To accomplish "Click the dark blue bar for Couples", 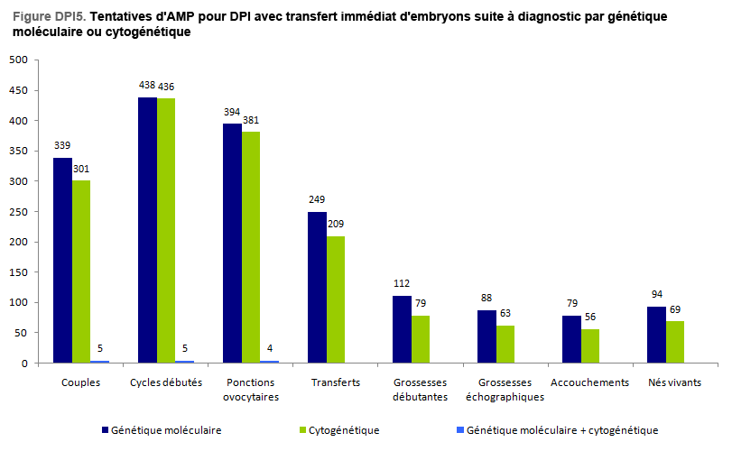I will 62,261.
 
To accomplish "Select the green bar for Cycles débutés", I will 166,231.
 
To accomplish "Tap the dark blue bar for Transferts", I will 317,288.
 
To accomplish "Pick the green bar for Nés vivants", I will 675,343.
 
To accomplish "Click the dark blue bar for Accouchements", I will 571,339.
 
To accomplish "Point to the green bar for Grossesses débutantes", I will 421,339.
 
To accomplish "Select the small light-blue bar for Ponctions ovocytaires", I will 269,362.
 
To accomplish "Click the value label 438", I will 147,85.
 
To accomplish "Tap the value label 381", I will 251,120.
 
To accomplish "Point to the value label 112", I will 402,283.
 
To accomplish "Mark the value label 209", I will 336,224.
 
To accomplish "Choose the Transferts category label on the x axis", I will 336,382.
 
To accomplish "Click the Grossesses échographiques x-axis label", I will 505,390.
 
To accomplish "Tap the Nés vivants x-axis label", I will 675,382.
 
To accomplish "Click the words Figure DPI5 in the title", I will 44,17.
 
